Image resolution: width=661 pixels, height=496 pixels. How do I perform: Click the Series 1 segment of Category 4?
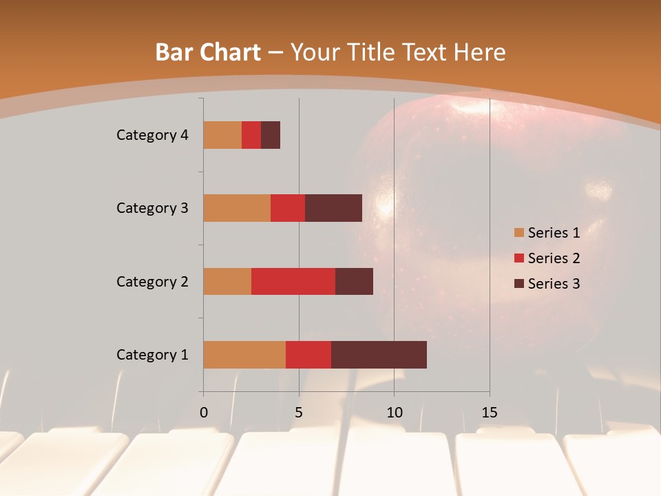point(222,135)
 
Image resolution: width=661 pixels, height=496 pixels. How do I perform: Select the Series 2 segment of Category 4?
point(251,135)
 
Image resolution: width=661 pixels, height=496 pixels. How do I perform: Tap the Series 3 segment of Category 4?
point(271,135)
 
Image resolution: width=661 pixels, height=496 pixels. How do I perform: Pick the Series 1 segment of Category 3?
point(237,208)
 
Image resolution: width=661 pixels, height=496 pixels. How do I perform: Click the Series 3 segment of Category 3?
point(333,208)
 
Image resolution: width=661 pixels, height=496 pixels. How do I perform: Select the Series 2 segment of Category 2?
point(293,281)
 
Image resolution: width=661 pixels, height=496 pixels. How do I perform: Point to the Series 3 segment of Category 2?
point(354,281)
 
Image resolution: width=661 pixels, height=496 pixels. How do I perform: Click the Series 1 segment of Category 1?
point(244,355)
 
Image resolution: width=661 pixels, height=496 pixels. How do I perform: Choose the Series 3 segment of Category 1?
point(379,355)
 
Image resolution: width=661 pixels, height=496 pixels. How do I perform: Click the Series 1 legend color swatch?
point(518,233)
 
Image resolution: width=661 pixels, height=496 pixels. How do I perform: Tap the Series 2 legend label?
point(554,258)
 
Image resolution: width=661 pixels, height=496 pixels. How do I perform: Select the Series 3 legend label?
point(554,284)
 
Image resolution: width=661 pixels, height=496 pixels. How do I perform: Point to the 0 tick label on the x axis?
point(204,413)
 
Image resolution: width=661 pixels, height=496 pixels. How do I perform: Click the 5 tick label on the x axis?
point(299,413)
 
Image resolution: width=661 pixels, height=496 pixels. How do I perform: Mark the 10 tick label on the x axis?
point(394,413)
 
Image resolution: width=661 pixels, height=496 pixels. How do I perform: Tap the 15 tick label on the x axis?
point(490,413)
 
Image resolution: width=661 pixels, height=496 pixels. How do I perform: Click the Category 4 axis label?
point(152,135)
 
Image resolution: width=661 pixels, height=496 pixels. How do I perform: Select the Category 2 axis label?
point(152,281)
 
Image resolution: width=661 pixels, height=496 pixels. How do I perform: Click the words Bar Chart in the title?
point(208,52)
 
